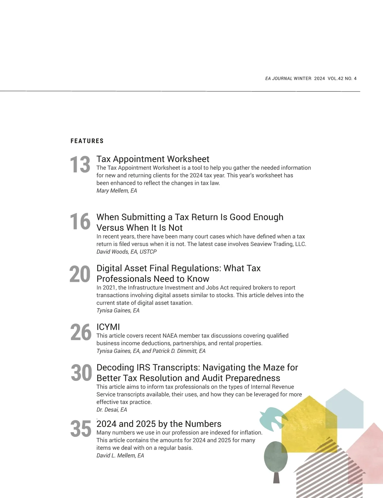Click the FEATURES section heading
(x=87, y=141)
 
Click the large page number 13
(x=80, y=165)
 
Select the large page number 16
(x=80, y=222)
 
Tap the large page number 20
(x=80, y=274)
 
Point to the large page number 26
(x=81, y=332)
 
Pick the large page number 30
(x=81, y=373)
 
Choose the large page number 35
(x=81, y=429)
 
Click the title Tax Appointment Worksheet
(x=153, y=159)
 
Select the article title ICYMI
(x=108, y=327)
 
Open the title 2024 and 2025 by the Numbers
(x=159, y=424)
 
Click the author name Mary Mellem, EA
(x=117, y=191)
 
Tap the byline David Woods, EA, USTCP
(x=126, y=252)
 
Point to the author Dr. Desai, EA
(x=112, y=410)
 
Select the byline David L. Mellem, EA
(x=120, y=455)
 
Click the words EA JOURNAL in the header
(x=279, y=79)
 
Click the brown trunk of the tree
(x=276, y=477)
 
